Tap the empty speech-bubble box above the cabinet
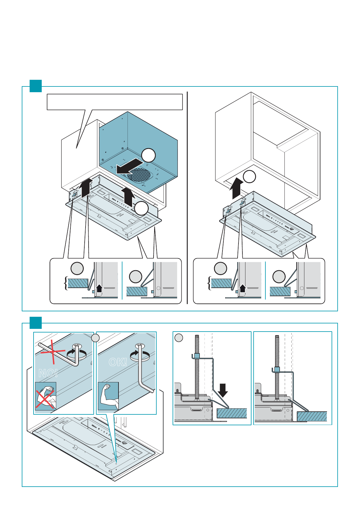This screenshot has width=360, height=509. click(115, 102)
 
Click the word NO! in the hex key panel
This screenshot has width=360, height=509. click(48, 374)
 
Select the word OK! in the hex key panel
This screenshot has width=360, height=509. click(118, 362)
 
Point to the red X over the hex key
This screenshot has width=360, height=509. click(53, 352)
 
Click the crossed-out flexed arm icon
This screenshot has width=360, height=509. click(45, 396)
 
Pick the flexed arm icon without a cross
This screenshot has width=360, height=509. click(108, 396)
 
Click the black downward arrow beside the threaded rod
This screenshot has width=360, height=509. click(223, 390)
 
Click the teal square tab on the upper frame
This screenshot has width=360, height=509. click(36, 86)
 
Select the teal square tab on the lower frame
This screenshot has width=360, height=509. click(36, 323)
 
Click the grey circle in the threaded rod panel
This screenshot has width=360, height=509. click(179, 338)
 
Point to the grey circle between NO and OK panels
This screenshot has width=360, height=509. click(95, 338)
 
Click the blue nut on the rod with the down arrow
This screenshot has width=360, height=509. click(196, 355)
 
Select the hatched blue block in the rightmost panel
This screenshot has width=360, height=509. click(312, 416)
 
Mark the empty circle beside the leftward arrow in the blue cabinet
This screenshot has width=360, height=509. click(148, 155)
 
